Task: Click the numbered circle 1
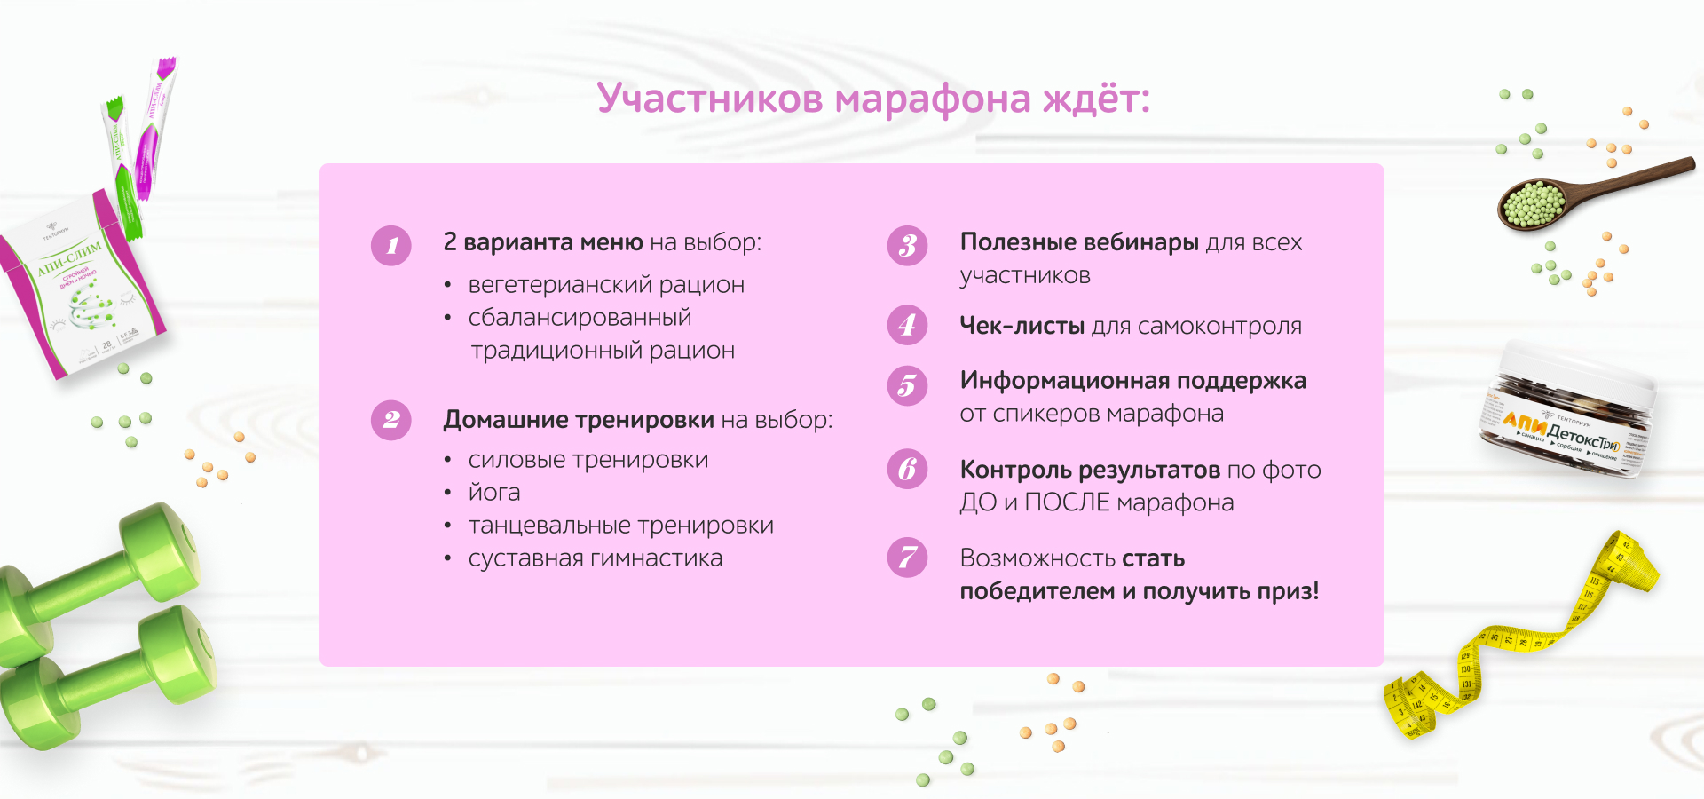coord(391,246)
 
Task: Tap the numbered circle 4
coord(907,325)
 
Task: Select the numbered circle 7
coord(907,558)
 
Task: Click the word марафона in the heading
coord(932,99)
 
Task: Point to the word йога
coord(494,493)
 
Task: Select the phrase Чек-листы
coord(1022,326)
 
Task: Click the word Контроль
coord(1015,470)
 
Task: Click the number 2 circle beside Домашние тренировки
coord(391,420)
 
